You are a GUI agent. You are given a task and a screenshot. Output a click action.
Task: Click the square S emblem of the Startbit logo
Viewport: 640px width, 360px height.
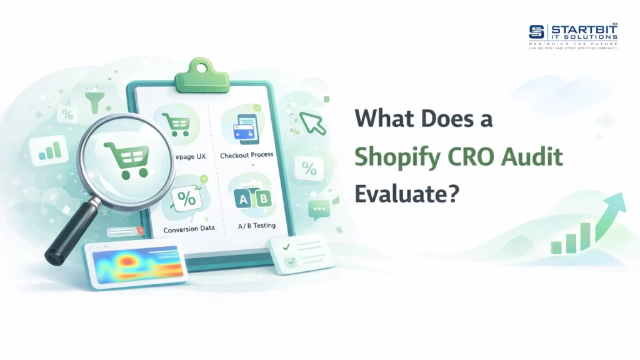click(x=537, y=32)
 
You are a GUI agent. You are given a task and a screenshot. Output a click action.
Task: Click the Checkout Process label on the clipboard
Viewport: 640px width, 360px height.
click(x=246, y=154)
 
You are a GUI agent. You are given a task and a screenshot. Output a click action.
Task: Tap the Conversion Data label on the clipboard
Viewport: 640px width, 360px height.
click(x=189, y=228)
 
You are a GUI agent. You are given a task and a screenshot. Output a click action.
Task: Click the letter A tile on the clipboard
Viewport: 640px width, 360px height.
click(x=242, y=199)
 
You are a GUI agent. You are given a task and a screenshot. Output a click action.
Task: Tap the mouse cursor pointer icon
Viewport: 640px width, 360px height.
click(x=312, y=122)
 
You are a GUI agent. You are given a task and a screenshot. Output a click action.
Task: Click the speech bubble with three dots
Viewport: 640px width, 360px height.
click(x=319, y=209)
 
